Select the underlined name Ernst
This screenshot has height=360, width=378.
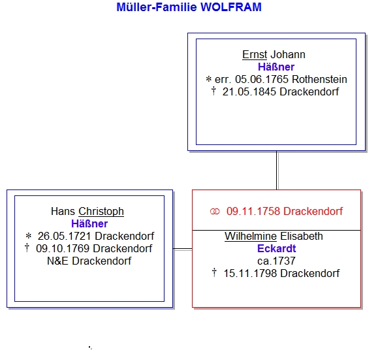point(255,54)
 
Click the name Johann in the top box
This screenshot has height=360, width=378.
point(288,54)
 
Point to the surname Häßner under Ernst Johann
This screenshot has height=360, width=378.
point(276,67)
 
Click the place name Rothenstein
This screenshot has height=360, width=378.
point(319,80)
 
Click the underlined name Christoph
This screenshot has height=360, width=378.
point(101,212)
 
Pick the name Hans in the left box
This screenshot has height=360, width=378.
point(63,212)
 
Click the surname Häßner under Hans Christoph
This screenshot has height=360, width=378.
point(89,223)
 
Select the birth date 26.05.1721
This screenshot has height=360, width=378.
point(65,237)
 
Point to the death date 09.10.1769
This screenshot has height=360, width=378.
point(63,248)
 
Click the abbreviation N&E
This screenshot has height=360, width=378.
point(57,261)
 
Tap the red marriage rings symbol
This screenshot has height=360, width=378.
point(215,212)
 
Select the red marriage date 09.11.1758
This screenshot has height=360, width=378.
point(253,212)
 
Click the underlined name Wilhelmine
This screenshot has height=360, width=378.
point(251,237)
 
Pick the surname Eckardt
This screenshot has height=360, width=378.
point(277,248)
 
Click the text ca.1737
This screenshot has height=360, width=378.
point(276,261)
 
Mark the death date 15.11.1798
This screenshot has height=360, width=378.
point(250,273)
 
